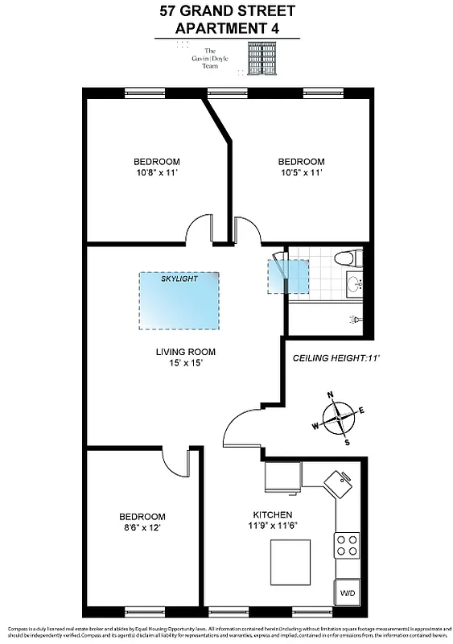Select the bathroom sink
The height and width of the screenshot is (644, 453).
pos(355,283)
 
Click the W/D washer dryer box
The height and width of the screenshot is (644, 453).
pos(346,592)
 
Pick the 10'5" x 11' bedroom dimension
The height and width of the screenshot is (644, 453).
pos(301,172)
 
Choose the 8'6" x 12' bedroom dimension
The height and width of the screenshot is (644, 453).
pos(142,527)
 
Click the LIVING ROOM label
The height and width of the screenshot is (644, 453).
pos(185,352)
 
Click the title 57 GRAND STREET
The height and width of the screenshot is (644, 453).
pos(227,11)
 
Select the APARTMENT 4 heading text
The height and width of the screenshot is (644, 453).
pos(226,29)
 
